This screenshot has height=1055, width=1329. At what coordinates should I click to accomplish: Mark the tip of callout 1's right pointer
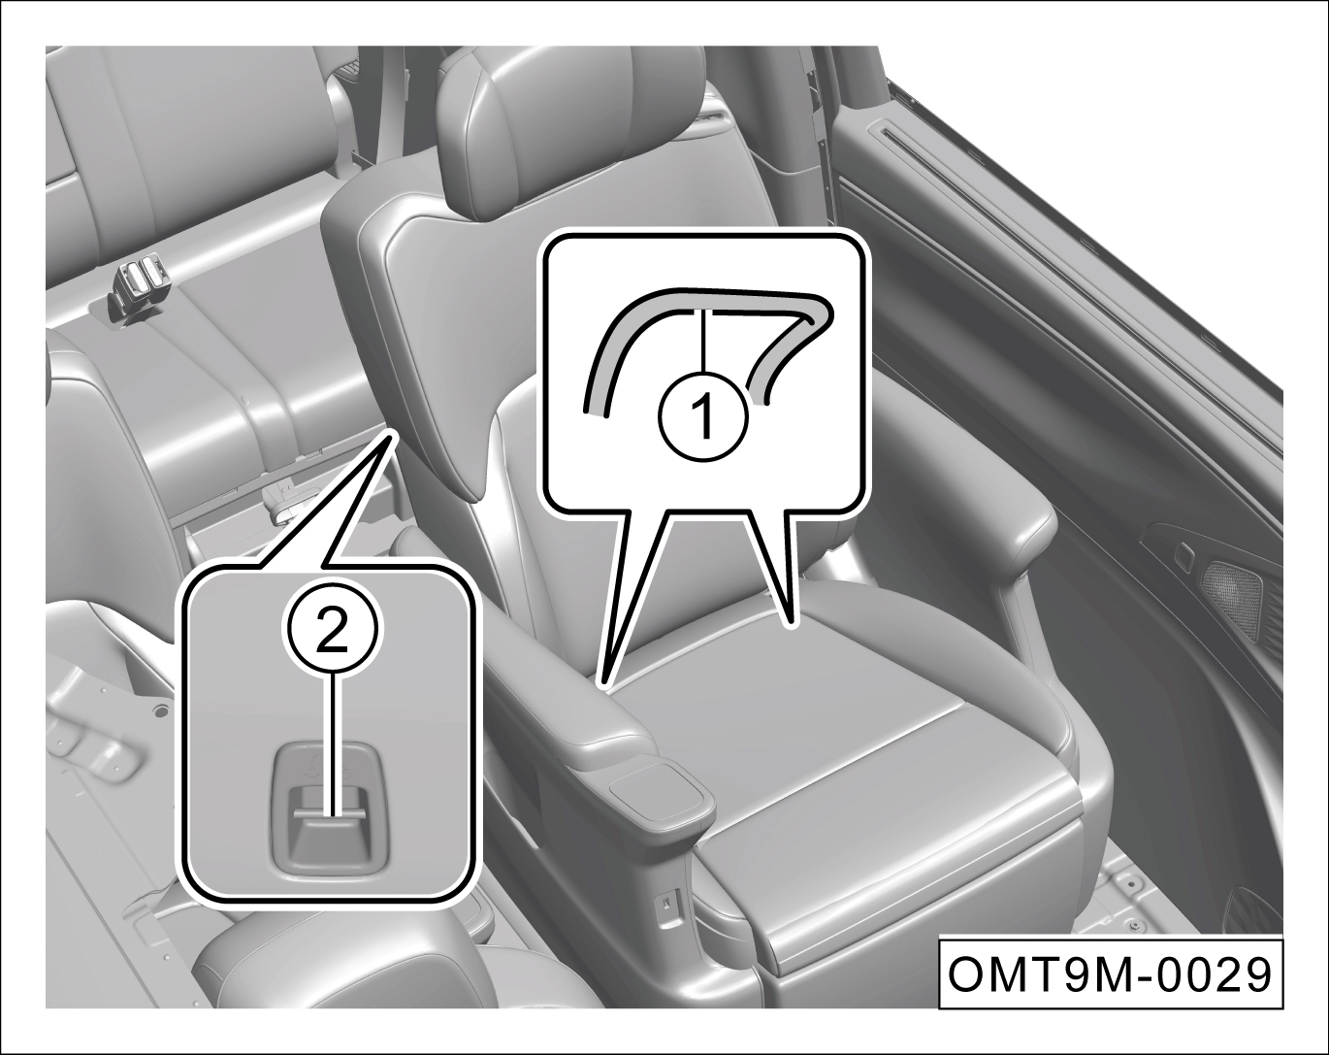click(792, 626)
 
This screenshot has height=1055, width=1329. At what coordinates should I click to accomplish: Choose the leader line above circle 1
click(704, 342)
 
